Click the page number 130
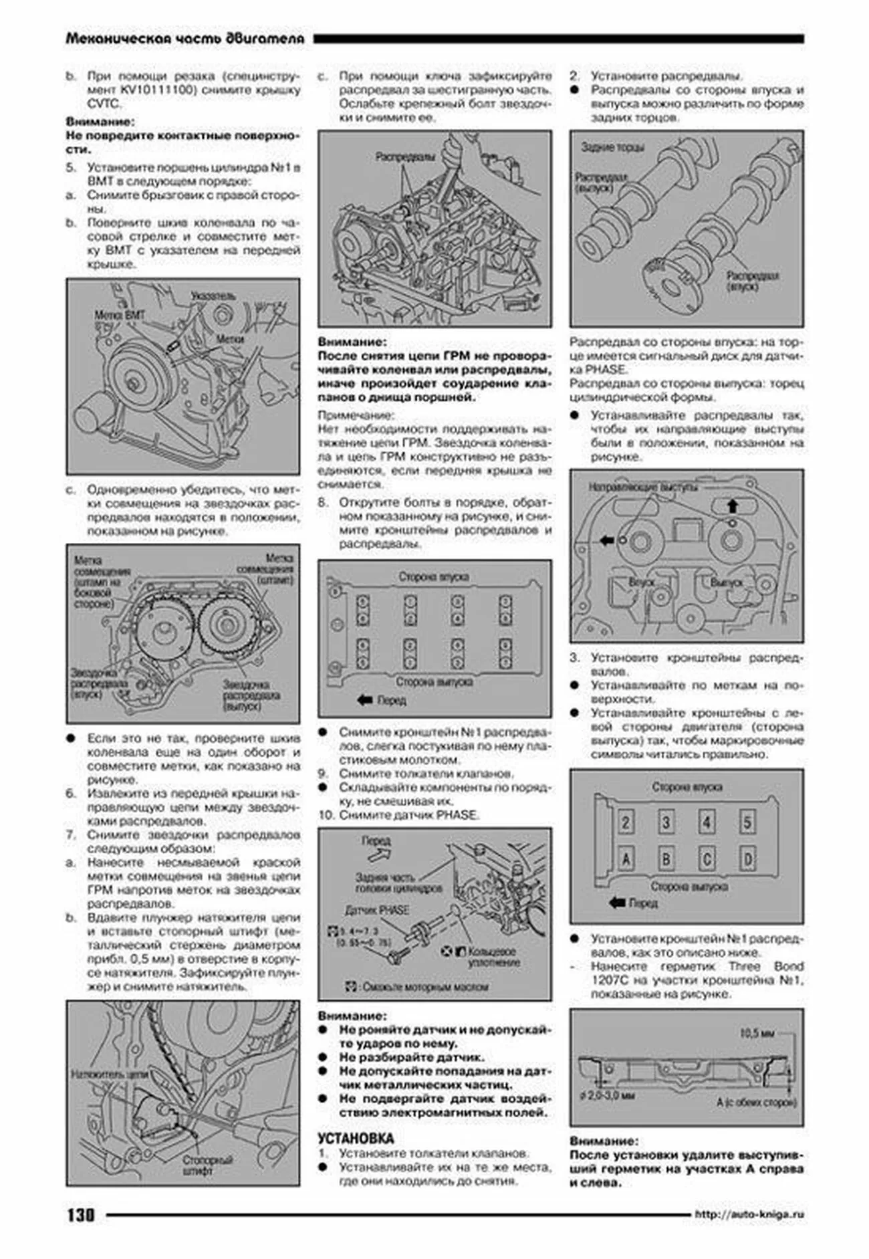point(80,1215)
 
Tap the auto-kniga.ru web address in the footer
point(749,1214)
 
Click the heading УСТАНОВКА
point(356,1139)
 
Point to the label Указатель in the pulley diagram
point(213,296)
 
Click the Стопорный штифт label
point(207,1165)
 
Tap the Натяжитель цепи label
point(108,1074)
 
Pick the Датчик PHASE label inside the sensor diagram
point(376,910)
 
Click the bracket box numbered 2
point(625,822)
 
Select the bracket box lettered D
point(747,859)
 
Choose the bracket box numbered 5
point(747,822)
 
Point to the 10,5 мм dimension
point(757,1033)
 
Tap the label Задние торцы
point(612,146)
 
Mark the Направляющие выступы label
point(642,487)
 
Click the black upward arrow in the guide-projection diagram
point(732,505)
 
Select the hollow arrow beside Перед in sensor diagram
point(379,854)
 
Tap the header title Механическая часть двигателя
point(184,39)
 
